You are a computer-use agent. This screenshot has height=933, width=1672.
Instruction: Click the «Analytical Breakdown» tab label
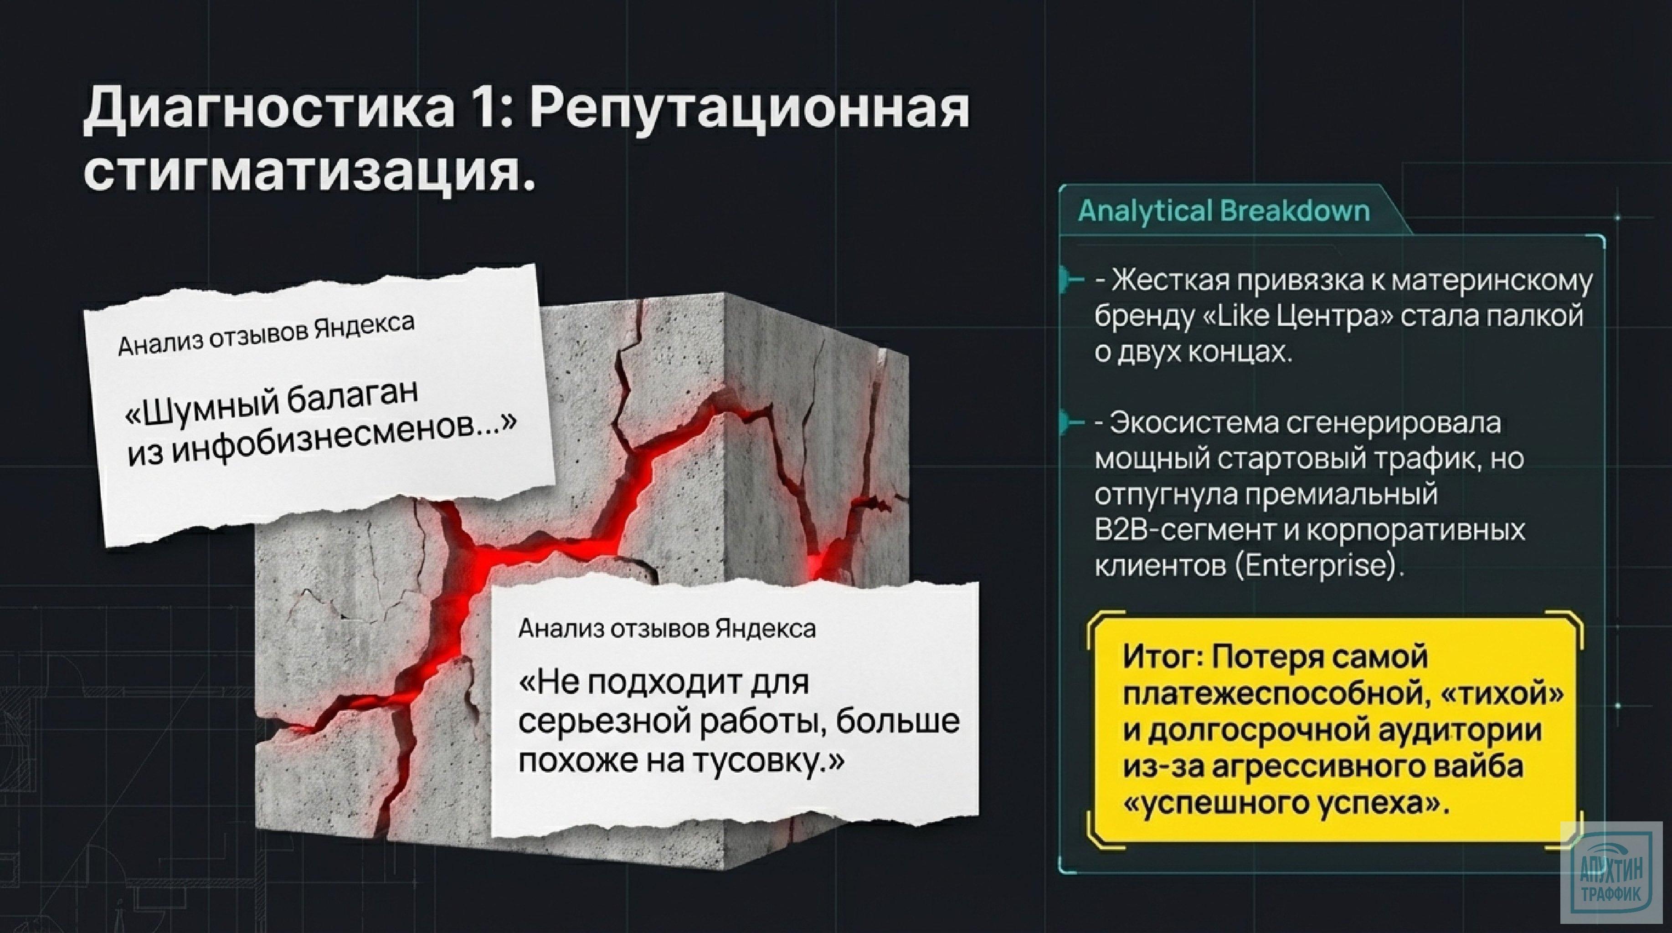pyautogui.click(x=1224, y=211)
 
